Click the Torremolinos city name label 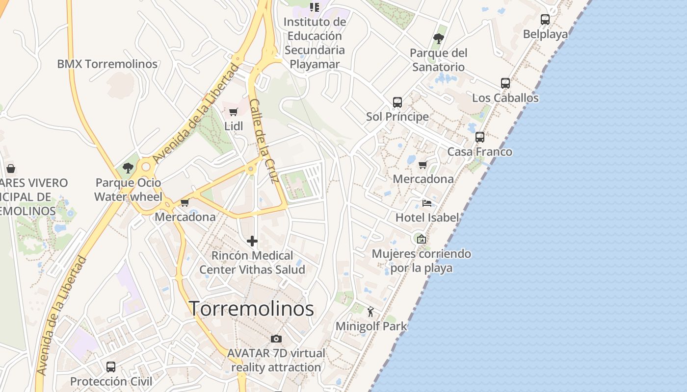[x=252, y=309]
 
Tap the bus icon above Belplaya [x=545, y=20]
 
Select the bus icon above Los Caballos [x=505, y=83]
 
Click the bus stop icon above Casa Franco [x=480, y=137]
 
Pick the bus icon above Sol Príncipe [x=397, y=102]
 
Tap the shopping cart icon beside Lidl [x=234, y=112]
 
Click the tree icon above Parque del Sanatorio [x=439, y=38]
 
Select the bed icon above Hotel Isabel [x=427, y=203]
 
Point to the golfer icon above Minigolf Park [x=371, y=311]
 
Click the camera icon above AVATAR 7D [x=276, y=339]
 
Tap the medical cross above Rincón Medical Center [x=252, y=241]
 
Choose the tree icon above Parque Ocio [x=128, y=168]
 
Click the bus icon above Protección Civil [x=111, y=367]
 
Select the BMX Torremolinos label [x=107, y=64]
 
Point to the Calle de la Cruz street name [x=264, y=141]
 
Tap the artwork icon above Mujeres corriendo [x=421, y=239]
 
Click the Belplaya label [x=545, y=34]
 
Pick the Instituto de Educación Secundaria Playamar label [x=315, y=43]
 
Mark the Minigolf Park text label [x=371, y=326]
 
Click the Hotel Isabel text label [x=427, y=218]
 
